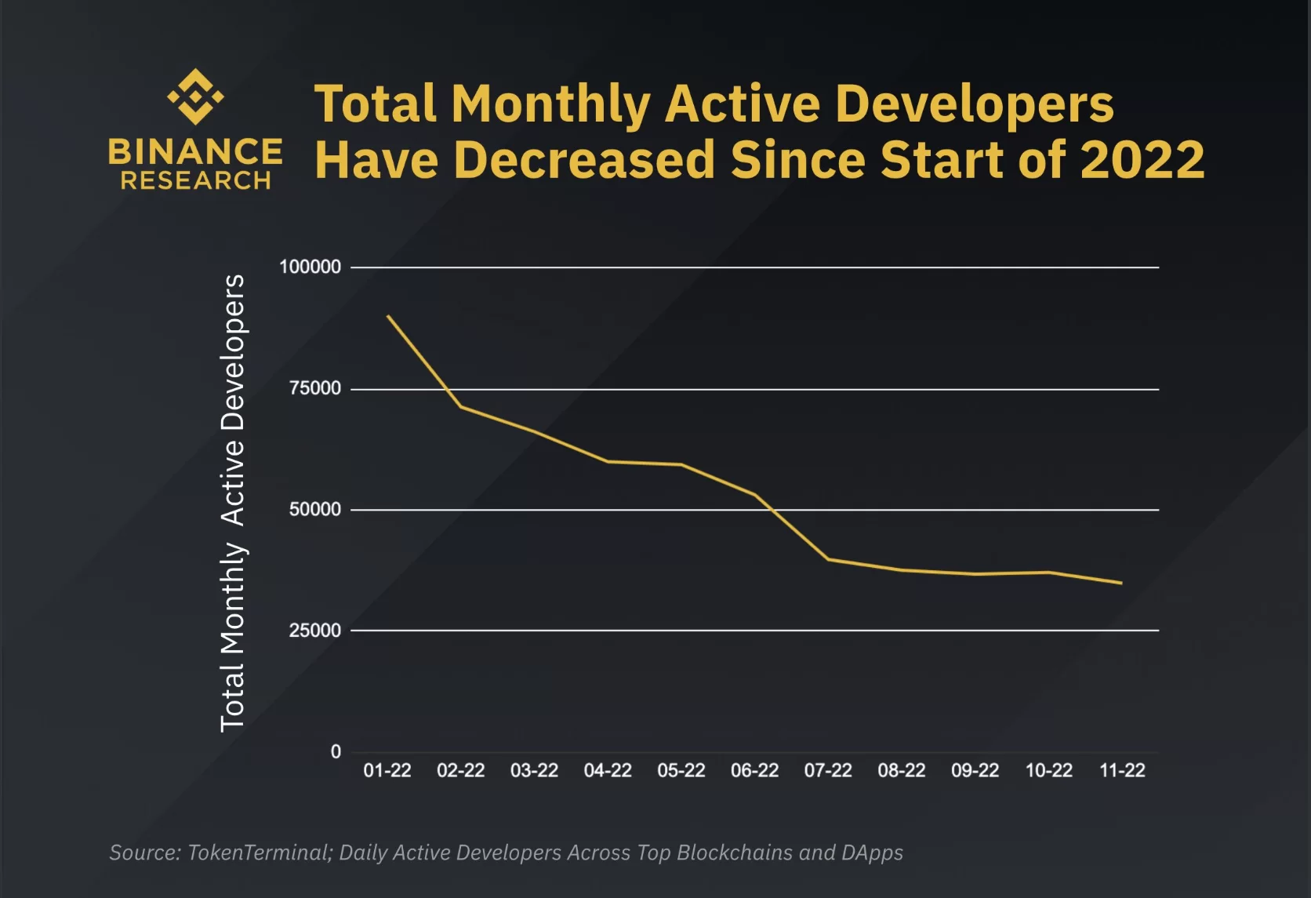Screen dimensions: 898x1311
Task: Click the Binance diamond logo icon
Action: (x=195, y=96)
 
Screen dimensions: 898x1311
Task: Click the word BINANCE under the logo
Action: (x=195, y=151)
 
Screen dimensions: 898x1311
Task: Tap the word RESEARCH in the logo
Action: (x=195, y=181)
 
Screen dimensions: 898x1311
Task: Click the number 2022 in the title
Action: (x=1142, y=160)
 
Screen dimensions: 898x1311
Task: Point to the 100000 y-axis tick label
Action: (x=310, y=267)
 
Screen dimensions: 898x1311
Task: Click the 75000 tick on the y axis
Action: (x=315, y=388)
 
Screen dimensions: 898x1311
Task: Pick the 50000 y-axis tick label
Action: (x=315, y=510)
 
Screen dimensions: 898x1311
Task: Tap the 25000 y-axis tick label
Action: (x=315, y=631)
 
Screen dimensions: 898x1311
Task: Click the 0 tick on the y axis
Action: (x=336, y=751)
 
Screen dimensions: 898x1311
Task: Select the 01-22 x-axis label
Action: (x=387, y=771)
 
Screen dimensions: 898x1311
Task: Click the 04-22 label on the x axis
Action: (x=608, y=771)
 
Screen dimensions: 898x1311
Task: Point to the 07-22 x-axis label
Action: (x=828, y=771)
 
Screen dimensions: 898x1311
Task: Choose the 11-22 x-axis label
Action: (x=1122, y=771)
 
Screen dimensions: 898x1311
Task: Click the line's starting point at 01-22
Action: (x=388, y=316)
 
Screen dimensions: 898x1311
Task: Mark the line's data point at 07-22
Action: (x=829, y=559)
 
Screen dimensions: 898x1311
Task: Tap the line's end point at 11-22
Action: (x=1121, y=583)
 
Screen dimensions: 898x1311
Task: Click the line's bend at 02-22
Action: (x=461, y=406)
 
